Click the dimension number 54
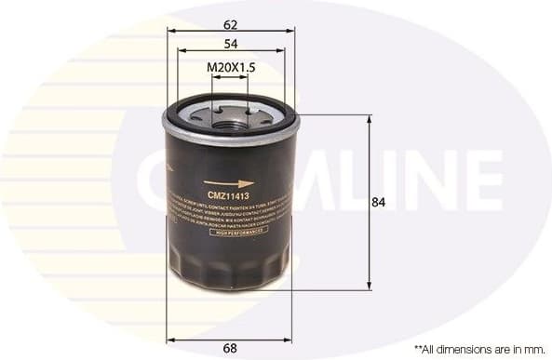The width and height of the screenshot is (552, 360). [230, 43]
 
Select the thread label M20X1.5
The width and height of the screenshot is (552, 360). [230, 67]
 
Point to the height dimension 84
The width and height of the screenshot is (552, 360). [378, 202]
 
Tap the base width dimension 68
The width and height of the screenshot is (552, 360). [230, 348]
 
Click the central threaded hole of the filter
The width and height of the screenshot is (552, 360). [230, 117]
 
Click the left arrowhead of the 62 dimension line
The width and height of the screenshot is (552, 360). [171, 30]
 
